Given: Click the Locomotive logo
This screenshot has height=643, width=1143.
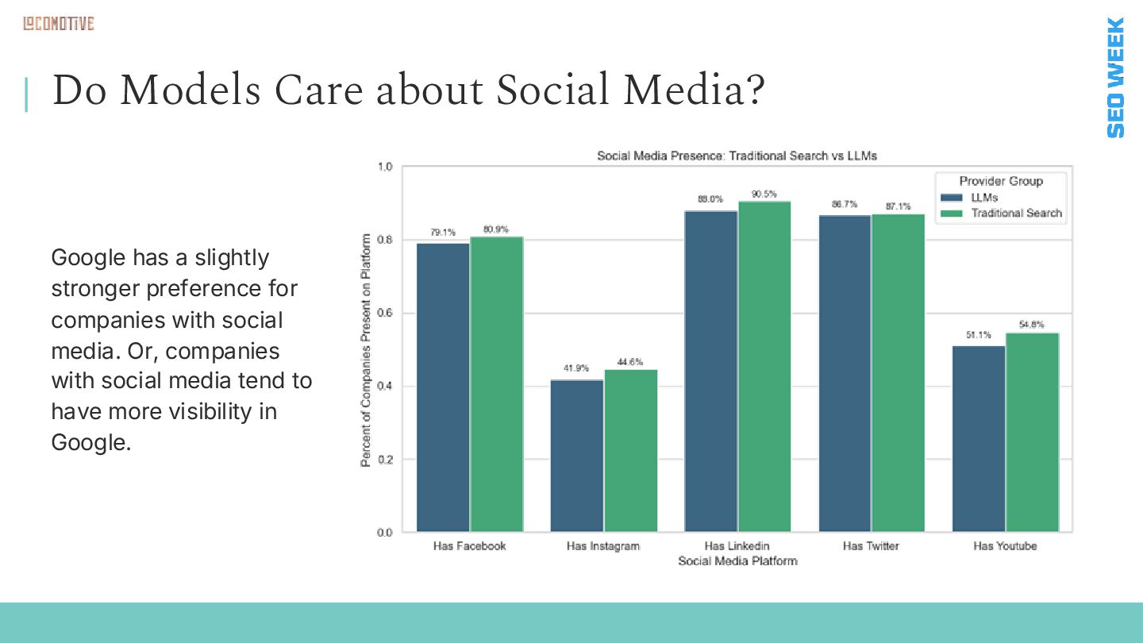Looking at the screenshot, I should (58, 24).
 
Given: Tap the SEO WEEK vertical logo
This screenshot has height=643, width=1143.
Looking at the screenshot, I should (1115, 77).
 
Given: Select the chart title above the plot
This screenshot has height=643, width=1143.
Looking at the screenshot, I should (737, 156).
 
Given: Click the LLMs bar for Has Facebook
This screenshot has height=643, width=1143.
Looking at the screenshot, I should (443, 387).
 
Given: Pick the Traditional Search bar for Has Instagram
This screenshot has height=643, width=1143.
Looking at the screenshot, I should (631, 450).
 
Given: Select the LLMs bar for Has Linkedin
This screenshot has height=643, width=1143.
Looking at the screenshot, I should (711, 371).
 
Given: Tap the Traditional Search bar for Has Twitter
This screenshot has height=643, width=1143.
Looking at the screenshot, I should (899, 372).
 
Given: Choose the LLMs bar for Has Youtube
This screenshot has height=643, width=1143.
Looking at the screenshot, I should (979, 438).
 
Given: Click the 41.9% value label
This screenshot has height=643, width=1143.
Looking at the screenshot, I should (576, 368).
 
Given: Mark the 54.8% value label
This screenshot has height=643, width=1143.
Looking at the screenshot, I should (1032, 325).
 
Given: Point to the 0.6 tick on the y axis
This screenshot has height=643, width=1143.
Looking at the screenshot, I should (385, 313).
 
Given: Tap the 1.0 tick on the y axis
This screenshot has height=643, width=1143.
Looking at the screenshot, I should (385, 167).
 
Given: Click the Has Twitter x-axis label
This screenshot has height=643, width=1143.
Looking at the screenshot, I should (871, 546).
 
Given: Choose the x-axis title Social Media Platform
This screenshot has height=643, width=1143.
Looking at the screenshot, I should (737, 561).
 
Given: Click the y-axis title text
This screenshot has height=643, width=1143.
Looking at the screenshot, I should (366, 350).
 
